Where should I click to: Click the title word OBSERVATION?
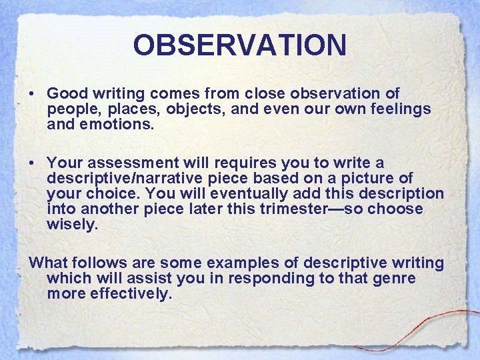coord(239,45)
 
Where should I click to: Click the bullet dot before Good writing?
coord(33,94)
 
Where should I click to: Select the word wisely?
coord(72,224)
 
